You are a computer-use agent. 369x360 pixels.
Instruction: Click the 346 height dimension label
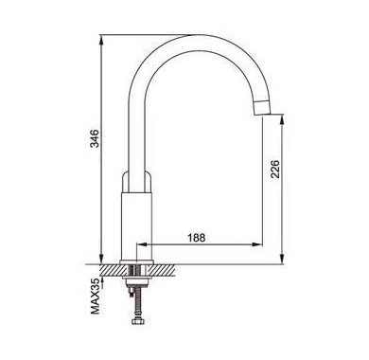click(95, 138)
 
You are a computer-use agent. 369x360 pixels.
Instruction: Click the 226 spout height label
click(274, 169)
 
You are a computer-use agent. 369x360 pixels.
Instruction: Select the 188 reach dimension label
click(197, 237)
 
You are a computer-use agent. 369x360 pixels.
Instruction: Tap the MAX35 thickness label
click(96, 297)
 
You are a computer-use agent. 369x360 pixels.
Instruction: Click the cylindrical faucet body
click(137, 225)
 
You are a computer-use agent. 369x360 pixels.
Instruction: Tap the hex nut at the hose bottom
click(137, 322)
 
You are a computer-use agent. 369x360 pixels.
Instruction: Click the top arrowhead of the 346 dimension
click(101, 39)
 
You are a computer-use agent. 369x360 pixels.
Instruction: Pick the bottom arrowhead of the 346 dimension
click(101, 259)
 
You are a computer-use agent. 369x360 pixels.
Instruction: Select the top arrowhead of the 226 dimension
click(282, 118)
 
